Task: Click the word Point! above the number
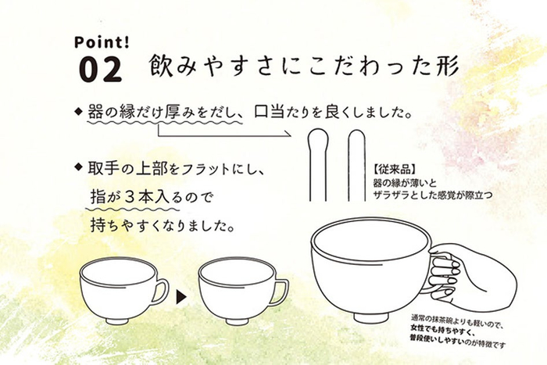[x=102, y=42]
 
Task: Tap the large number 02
[x=100, y=70]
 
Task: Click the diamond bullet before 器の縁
[x=78, y=112]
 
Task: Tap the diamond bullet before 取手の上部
[x=78, y=166]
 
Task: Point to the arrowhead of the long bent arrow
[x=288, y=134]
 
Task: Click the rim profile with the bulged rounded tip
[x=317, y=165]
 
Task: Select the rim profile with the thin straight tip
[x=356, y=166]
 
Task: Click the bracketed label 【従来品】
[x=394, y=170]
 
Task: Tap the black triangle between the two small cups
[x=181, y=296]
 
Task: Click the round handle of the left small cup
[x=161, y=292]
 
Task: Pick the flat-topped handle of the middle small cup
[x=281, y=292]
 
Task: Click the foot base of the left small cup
[x=118, y=320]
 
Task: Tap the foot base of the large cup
[x=370, y=317]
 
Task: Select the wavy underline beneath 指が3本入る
[x=133, y=209]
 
